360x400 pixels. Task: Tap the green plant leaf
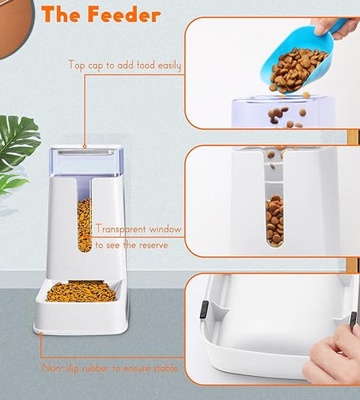pos(16,152)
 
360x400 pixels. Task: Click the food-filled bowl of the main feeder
pos(80,291)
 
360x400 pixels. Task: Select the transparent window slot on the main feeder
pos(84,224)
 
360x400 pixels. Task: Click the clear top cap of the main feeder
pos(90,160)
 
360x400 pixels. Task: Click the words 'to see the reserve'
pos(132,245)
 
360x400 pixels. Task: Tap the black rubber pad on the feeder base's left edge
pos(203,307)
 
